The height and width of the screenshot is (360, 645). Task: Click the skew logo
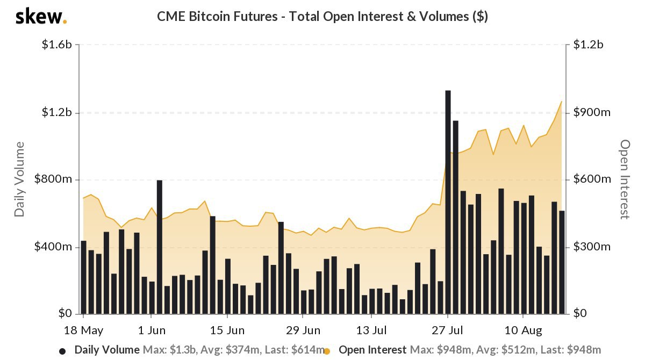click(41, 17)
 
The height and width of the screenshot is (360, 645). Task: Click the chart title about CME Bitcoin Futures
click(322, 17)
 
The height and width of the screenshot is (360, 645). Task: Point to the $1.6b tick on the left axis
click(57, 45)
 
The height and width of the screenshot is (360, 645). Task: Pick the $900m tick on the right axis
click(592, 112)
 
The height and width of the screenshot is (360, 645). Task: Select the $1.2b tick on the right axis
click(589, 45)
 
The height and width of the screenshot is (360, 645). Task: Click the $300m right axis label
click(592, 247)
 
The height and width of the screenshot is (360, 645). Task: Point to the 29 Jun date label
click(303, 329)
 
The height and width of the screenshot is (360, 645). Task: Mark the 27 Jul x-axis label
click(448, 329)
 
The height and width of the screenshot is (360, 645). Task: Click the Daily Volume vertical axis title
click(20, 179)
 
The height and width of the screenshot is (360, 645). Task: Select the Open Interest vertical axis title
click(625, 179)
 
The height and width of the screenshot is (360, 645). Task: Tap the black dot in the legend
click(62, 351)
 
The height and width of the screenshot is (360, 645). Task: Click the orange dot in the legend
click(326, 351)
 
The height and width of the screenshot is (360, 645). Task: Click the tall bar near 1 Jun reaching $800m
click(160, 247)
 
